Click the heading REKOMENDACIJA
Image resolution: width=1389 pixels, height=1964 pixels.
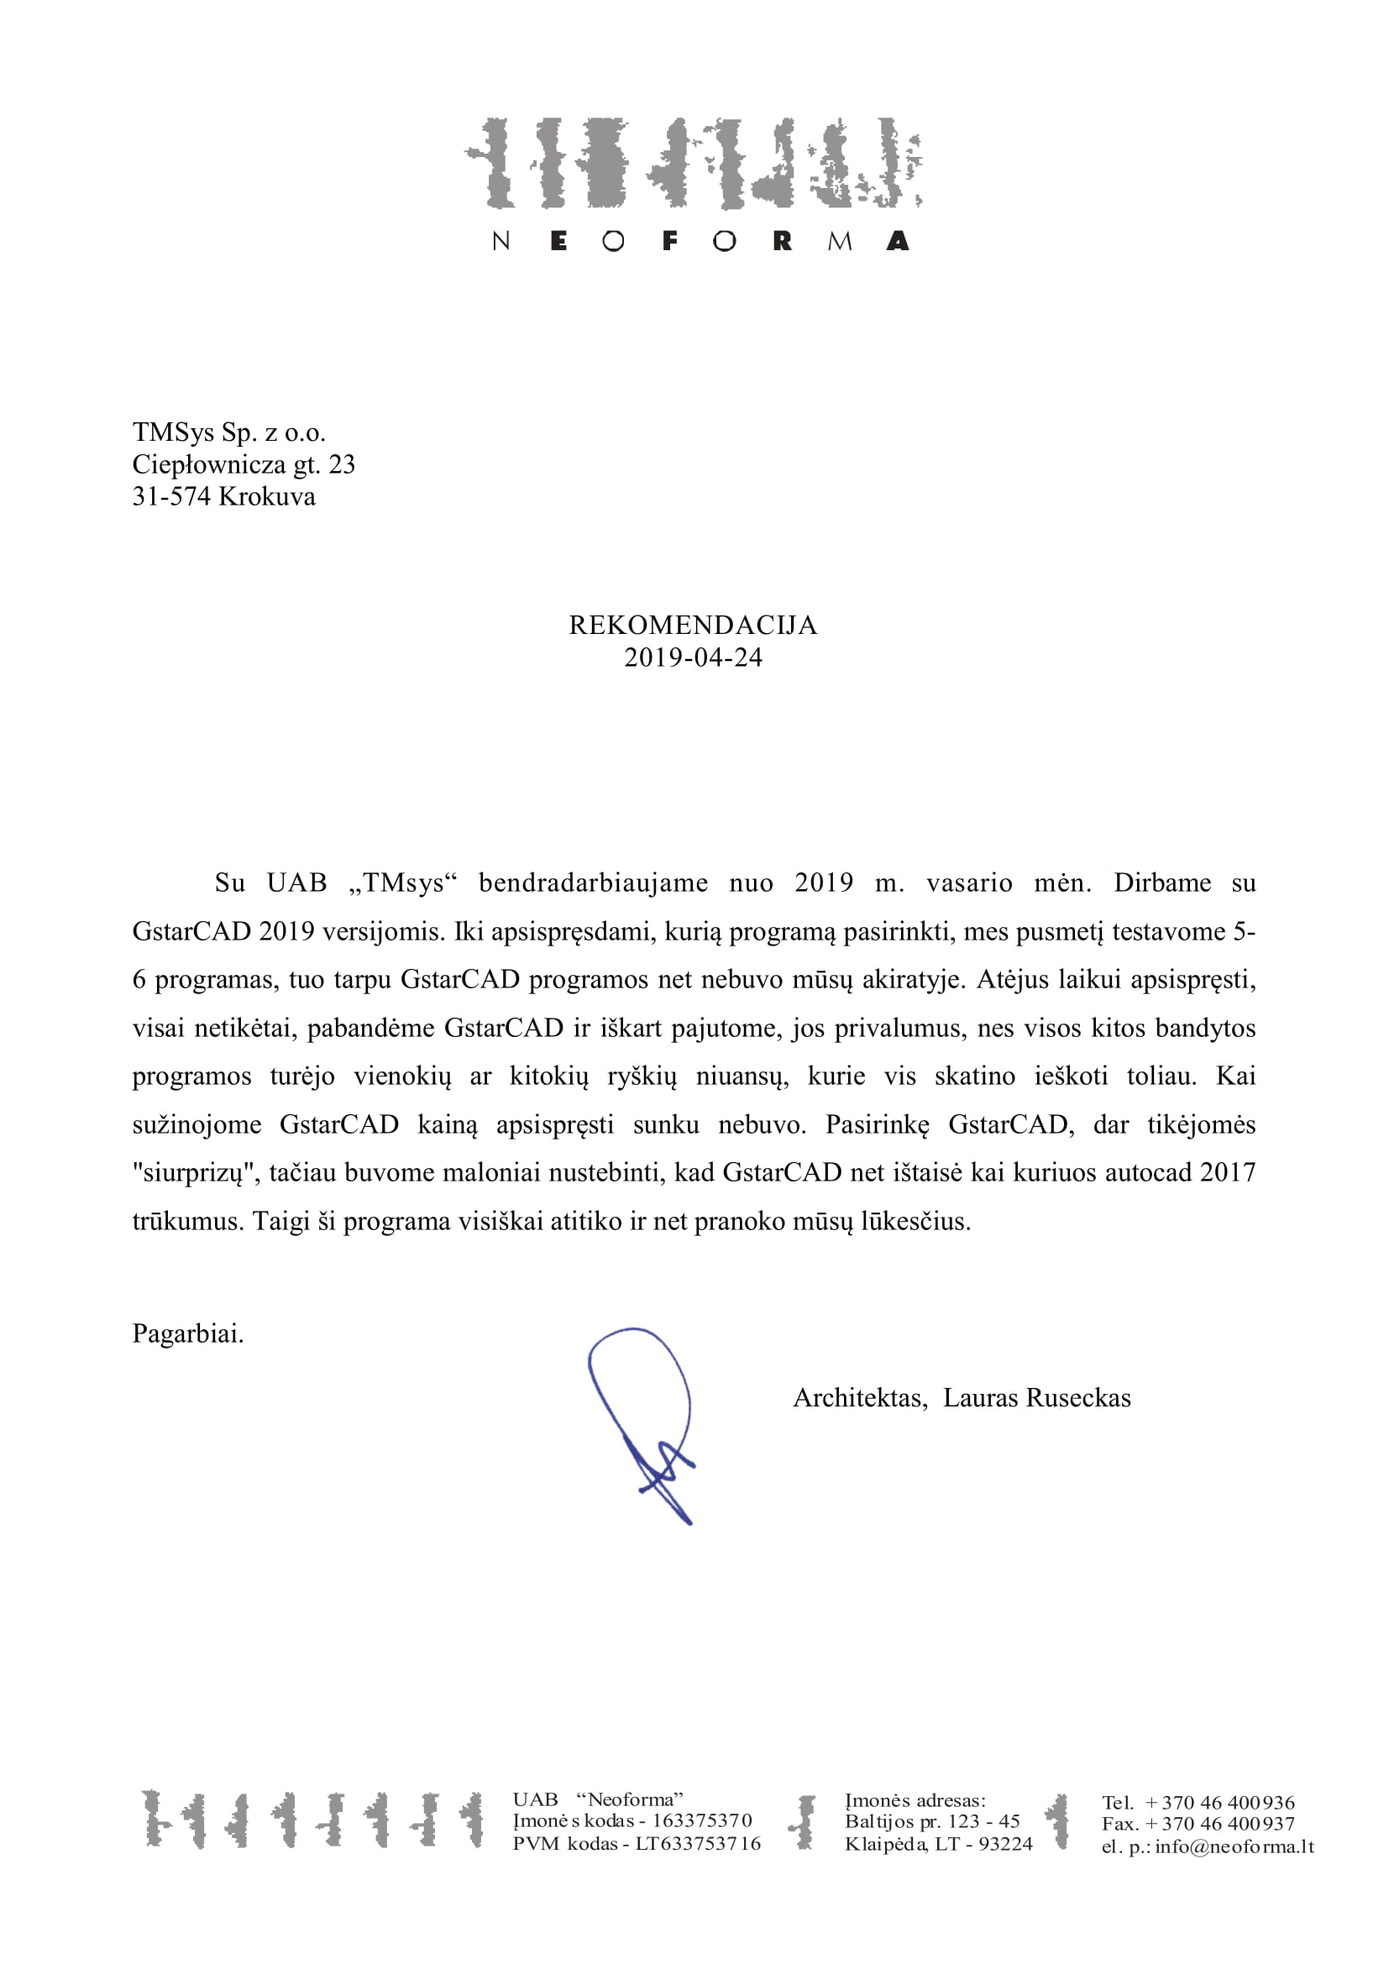[693, 626]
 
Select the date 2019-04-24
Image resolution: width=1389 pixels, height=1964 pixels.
[693, 657]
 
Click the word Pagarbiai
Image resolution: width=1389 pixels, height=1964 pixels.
[188, 1333]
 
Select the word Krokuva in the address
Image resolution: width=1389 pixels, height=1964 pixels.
[267, 497]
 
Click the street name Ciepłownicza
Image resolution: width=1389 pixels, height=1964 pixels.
[209, 464]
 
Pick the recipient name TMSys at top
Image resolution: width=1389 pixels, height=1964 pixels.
[173, 432]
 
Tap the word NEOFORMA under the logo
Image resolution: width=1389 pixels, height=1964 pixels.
[700, 241]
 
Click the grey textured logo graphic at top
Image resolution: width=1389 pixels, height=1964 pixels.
[693, 164]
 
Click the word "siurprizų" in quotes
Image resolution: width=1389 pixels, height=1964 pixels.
[196, 1173]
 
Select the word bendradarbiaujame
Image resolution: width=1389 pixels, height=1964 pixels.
[593, 882]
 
